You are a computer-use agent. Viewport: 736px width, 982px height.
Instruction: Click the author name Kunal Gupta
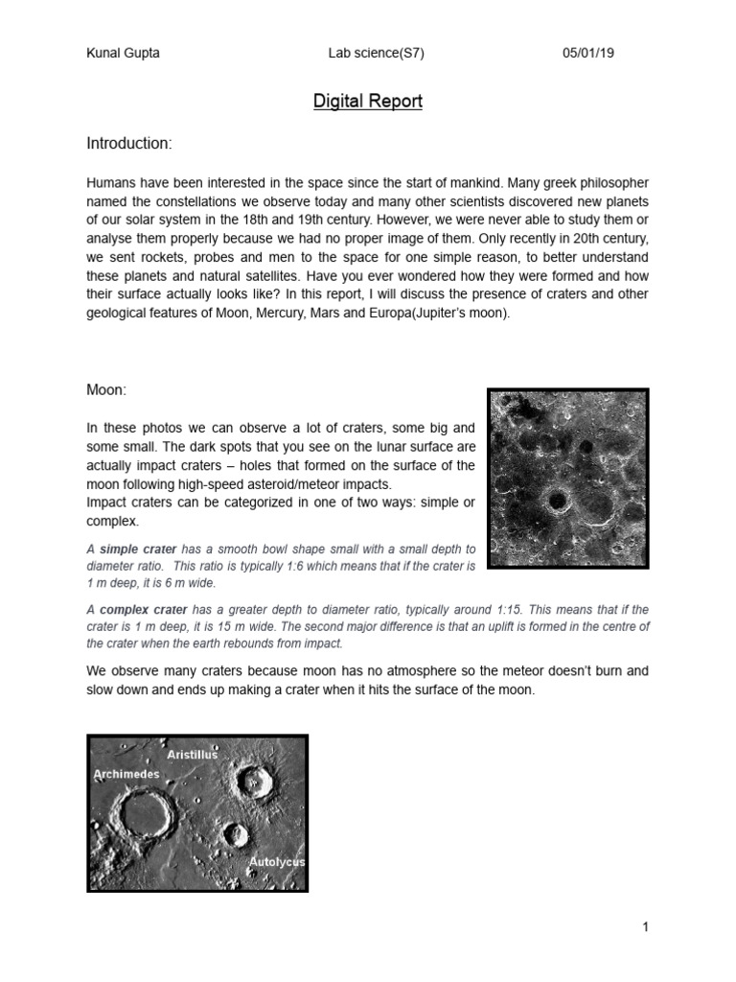click(123, 54)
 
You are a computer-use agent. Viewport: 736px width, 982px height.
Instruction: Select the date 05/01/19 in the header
click(587, 54)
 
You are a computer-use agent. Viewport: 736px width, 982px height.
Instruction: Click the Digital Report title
click(368, 101)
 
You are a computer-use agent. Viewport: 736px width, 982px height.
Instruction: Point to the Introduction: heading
click(129, 144)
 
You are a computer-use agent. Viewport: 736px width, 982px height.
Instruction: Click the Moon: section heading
click(106, 391)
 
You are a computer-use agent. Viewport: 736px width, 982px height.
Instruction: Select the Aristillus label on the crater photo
click(192, 755)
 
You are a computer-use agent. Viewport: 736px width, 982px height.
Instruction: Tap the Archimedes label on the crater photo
click(126, 773)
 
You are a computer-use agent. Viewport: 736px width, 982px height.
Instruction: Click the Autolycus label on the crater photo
click(276, 862)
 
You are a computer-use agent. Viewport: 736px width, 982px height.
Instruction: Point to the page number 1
click(646, 926)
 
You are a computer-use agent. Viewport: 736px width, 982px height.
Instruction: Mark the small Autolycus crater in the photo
click(234, 834)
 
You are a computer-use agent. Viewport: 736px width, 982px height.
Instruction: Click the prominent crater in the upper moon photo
click(555, 499)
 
